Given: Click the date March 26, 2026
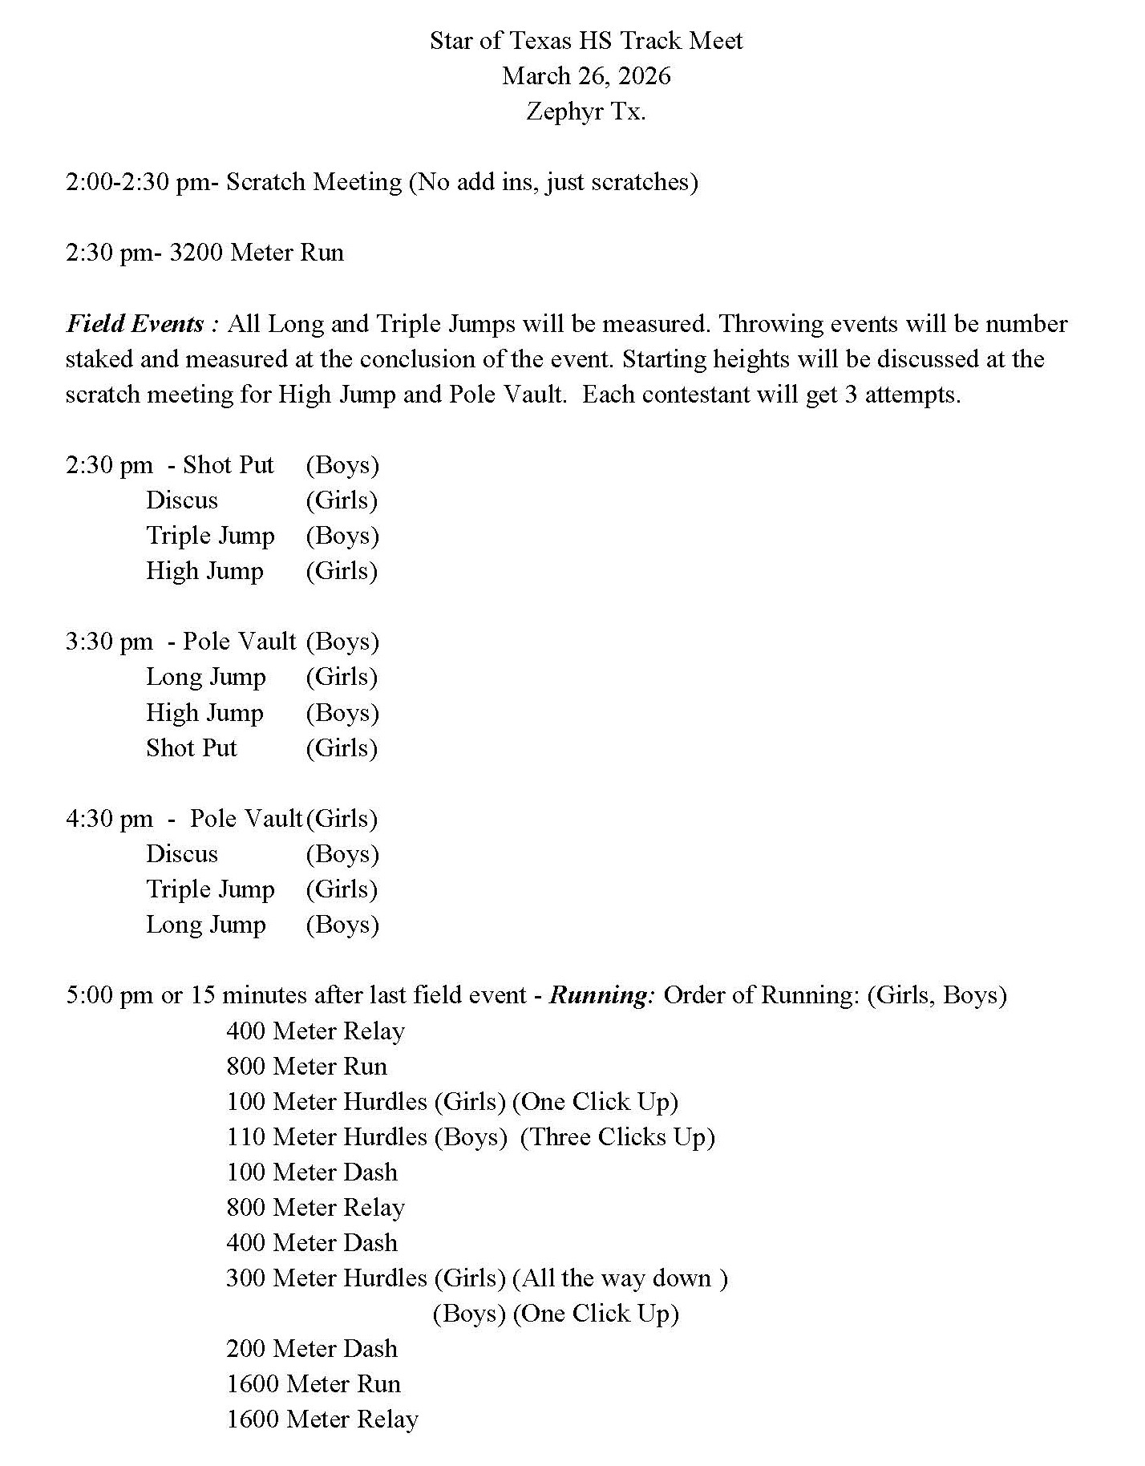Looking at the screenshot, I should point(586,76).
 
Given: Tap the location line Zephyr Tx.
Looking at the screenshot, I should point(586,111).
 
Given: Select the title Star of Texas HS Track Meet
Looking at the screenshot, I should point(586,41).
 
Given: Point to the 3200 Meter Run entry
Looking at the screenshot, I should point(257,253).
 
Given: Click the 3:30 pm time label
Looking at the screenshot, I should point(109,642).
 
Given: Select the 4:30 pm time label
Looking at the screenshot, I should point(109,819).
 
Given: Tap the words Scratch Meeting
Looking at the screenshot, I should point(314,182).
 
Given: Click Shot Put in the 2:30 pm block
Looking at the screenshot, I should point(229,465).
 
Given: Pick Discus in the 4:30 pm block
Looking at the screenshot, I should point(182,854).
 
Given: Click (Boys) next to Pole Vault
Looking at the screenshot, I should point(342,642).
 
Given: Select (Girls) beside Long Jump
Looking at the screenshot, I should point(342,677).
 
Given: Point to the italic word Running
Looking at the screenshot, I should point(602,995).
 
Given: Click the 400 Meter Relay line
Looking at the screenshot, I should point(315,1031).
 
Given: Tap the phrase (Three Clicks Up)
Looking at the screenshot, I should point(617,1137).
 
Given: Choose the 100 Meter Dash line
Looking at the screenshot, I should point(312,1172).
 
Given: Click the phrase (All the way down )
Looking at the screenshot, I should point(620,1278).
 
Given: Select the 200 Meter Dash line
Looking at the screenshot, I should point(312,1349).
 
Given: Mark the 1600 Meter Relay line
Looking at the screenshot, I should point(322,1419).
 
